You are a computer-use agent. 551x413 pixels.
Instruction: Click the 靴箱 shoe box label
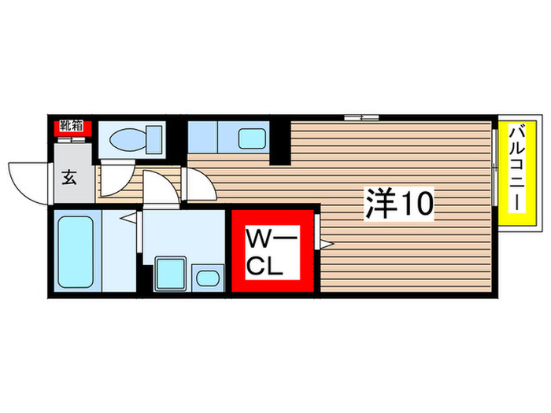pyautogui.click(x=72, y=126)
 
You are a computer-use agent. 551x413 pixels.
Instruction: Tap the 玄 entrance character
pyautogui.click(x=68, y=178)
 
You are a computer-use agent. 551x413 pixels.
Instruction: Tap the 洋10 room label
pyautogui.click(x=398, y=205)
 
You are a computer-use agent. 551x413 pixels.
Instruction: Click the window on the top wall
pyautogui.click(x=361, y=117)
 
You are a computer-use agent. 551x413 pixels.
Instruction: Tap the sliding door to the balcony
pyautogui.click(x=495, y=167)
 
